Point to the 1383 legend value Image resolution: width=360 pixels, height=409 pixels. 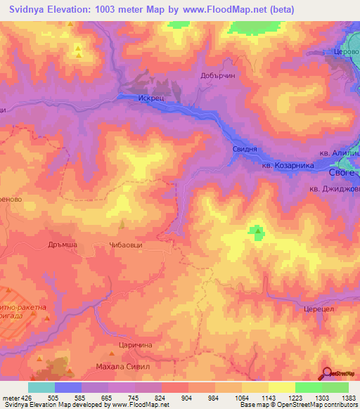point(347,398)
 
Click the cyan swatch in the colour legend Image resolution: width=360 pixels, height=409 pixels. point(41,387)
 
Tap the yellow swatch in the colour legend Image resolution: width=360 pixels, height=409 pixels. point(282,387)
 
